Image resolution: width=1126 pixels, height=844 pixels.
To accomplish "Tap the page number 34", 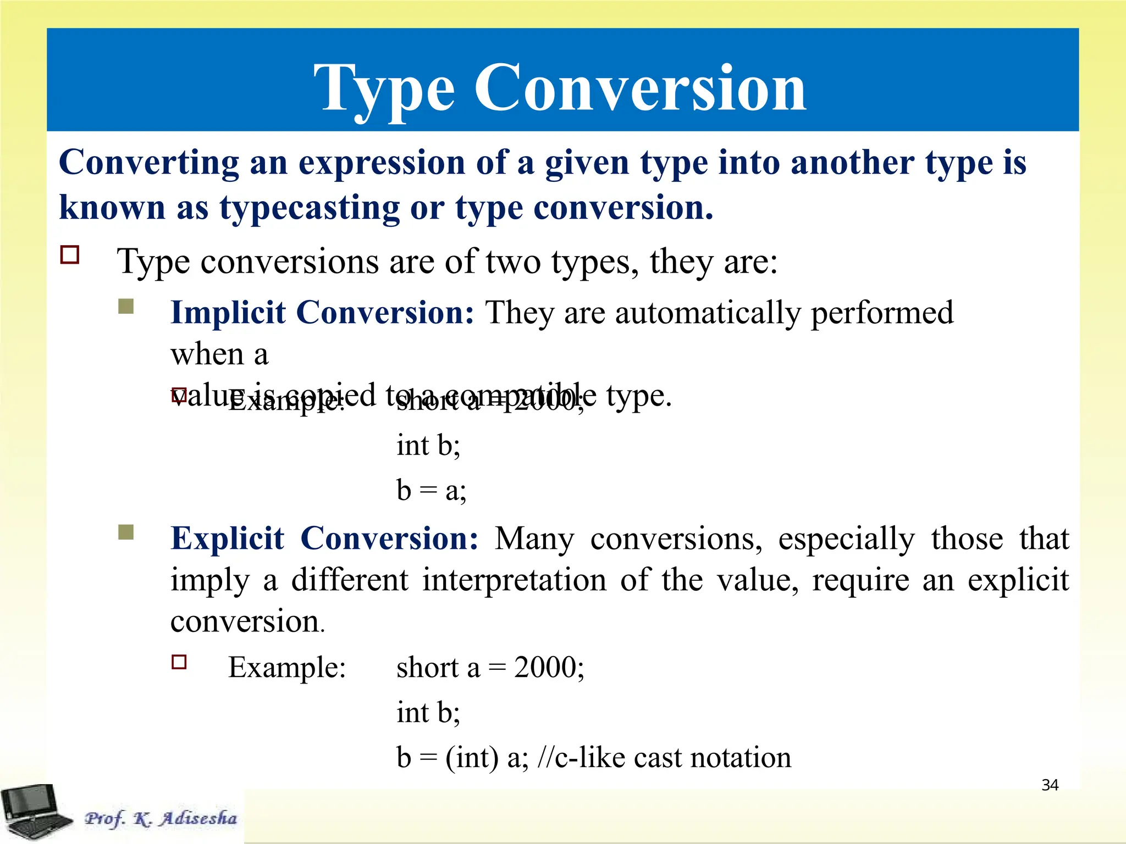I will pos(1050,785).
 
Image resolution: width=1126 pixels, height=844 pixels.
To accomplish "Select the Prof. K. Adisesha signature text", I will pos(161,818).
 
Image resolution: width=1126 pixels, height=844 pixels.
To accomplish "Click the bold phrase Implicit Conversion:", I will pos(322,313).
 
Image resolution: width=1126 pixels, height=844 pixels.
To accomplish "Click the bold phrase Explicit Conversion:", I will pos(324,538).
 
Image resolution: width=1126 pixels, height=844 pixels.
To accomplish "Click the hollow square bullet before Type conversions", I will pos(70,256).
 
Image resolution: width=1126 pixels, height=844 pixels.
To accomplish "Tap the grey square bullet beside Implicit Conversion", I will pos(126,306).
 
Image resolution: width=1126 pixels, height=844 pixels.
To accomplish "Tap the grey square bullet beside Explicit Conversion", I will pos(126,532).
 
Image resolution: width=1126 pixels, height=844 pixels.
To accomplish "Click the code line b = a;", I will pos(431,490).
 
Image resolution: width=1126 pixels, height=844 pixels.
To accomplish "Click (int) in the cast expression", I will pos(472,758).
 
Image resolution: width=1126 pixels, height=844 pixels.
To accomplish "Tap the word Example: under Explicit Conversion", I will pos(286,668).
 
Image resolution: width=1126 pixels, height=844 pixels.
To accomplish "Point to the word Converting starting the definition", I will pos(148,163).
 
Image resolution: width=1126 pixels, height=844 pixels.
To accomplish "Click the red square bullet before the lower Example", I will pos(179,662).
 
